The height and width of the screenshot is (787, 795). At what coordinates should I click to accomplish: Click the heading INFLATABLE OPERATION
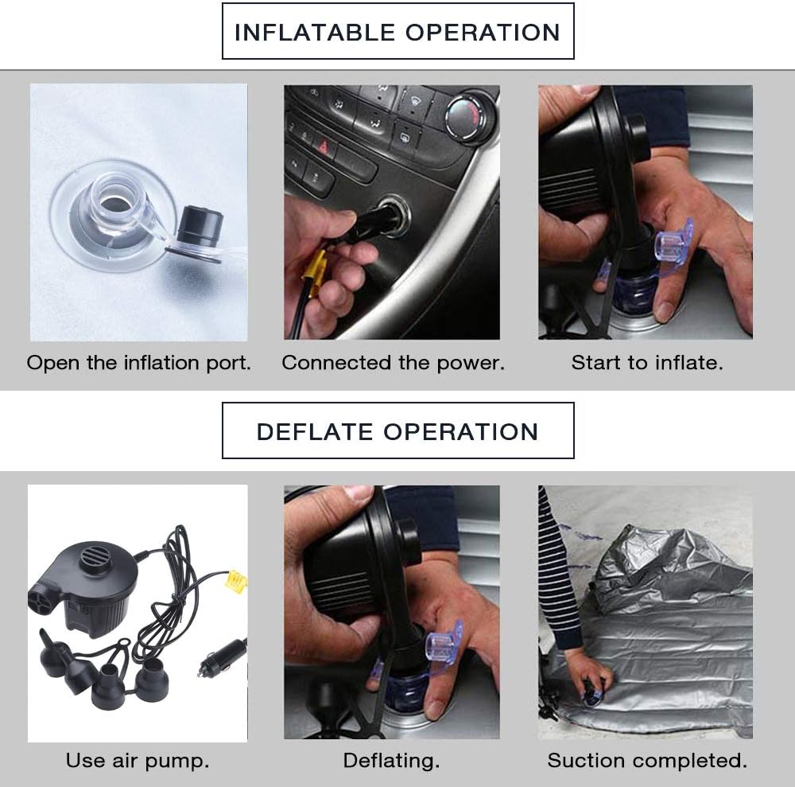(397, 32)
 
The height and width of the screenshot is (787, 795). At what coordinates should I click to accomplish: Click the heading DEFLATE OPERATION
(397, 432)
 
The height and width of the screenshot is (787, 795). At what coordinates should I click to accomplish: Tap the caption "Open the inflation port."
(138, 364)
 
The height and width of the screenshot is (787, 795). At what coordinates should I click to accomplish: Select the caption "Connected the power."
(393, 364)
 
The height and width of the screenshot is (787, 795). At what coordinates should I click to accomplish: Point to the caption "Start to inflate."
(647, 364)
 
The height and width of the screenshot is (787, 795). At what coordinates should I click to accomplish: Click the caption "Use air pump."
(138, 761)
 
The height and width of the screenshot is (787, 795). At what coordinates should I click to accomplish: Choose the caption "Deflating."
(391, 761)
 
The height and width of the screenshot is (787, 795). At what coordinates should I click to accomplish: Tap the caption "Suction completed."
(647, 761)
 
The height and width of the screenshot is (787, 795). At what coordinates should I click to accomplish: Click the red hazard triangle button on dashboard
(323, 147)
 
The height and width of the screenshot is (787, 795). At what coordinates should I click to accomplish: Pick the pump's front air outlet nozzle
(42, 598)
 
